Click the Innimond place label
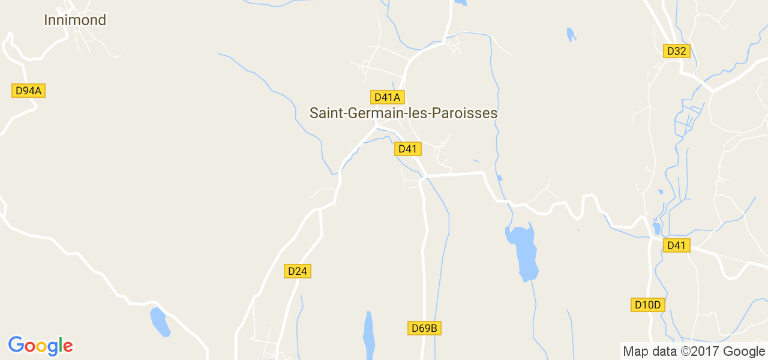pyautogui.click(x=75, y=20)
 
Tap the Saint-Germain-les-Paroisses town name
pyautogui.click(x=403, y=113)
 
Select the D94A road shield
pyautogui.click(x=29, y=91)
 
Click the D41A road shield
pyautogui.click(x=387, y=97)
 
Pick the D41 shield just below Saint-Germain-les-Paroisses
pyautogui.click(x=407, y=149)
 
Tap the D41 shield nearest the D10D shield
pyautogui.click(x=676, y=245)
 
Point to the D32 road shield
pyautogui.click(x=676, y=51)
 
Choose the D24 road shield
pyautogui.click(x=297, y=271)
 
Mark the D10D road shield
pyautogui.click(x=648, y=305)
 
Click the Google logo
pyautogui.click(x=40, y=346)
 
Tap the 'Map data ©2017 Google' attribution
pyautogui.click(x=694, y=352)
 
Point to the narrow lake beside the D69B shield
pyautogui.click(x=368, y=335)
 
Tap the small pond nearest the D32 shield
pyautogui.click(x=571, y=35)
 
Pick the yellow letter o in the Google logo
pyautogui.click(x=40, y=347)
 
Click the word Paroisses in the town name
pyautogui.click(x=472, y=113)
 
